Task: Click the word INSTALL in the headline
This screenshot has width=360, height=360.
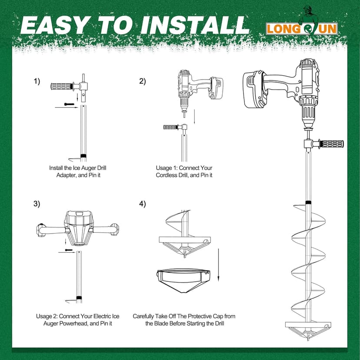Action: [195, 25]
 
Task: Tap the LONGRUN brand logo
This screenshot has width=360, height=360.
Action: [302, 29]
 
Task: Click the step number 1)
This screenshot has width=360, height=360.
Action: [37, 81]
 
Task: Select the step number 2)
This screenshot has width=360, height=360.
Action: [142, 81]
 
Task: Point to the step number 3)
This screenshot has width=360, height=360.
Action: [37, 203]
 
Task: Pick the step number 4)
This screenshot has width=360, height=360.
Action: [142, 203]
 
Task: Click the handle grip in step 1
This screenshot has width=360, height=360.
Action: [61, 87]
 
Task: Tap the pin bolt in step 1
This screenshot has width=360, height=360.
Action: [69, 104]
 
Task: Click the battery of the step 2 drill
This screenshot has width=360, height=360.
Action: [216, 88]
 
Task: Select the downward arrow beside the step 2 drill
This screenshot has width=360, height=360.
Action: [194, 117]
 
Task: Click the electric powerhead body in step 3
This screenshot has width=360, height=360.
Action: [78, 228]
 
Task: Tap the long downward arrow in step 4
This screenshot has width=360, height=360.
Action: [218, 265]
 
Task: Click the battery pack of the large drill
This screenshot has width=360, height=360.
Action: [255, 90]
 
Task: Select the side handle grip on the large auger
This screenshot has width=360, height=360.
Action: [330, 144]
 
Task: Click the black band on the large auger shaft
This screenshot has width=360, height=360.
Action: [308, 203]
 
